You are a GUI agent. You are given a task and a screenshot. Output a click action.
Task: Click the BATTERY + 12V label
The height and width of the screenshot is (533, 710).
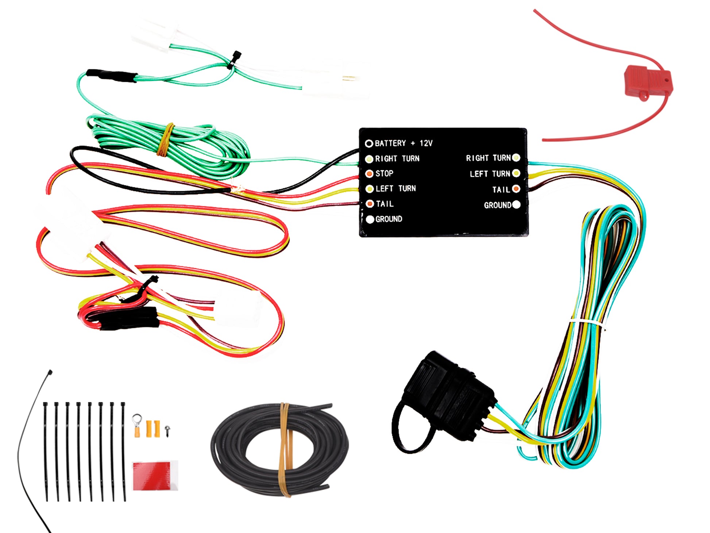404,143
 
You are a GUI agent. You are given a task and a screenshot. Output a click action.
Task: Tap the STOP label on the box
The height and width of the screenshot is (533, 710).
384,173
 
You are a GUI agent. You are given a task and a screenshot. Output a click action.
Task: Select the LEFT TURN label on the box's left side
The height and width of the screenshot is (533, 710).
395,188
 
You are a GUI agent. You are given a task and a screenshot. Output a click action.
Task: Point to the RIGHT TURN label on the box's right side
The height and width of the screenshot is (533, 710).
488,158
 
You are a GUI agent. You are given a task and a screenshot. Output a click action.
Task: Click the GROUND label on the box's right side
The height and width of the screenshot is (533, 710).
497,205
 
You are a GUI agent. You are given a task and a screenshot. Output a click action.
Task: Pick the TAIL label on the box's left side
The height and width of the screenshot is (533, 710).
385,204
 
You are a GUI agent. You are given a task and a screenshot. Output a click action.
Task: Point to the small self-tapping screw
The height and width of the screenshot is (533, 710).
167,430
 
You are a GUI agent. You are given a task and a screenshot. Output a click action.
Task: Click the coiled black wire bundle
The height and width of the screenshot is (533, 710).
279,449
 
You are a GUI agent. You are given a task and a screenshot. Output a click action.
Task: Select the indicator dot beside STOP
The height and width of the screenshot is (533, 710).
370,173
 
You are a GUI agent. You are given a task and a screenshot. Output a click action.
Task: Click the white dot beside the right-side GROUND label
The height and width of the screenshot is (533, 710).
516,204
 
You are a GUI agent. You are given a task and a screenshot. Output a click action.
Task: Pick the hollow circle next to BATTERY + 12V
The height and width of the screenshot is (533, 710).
369,143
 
